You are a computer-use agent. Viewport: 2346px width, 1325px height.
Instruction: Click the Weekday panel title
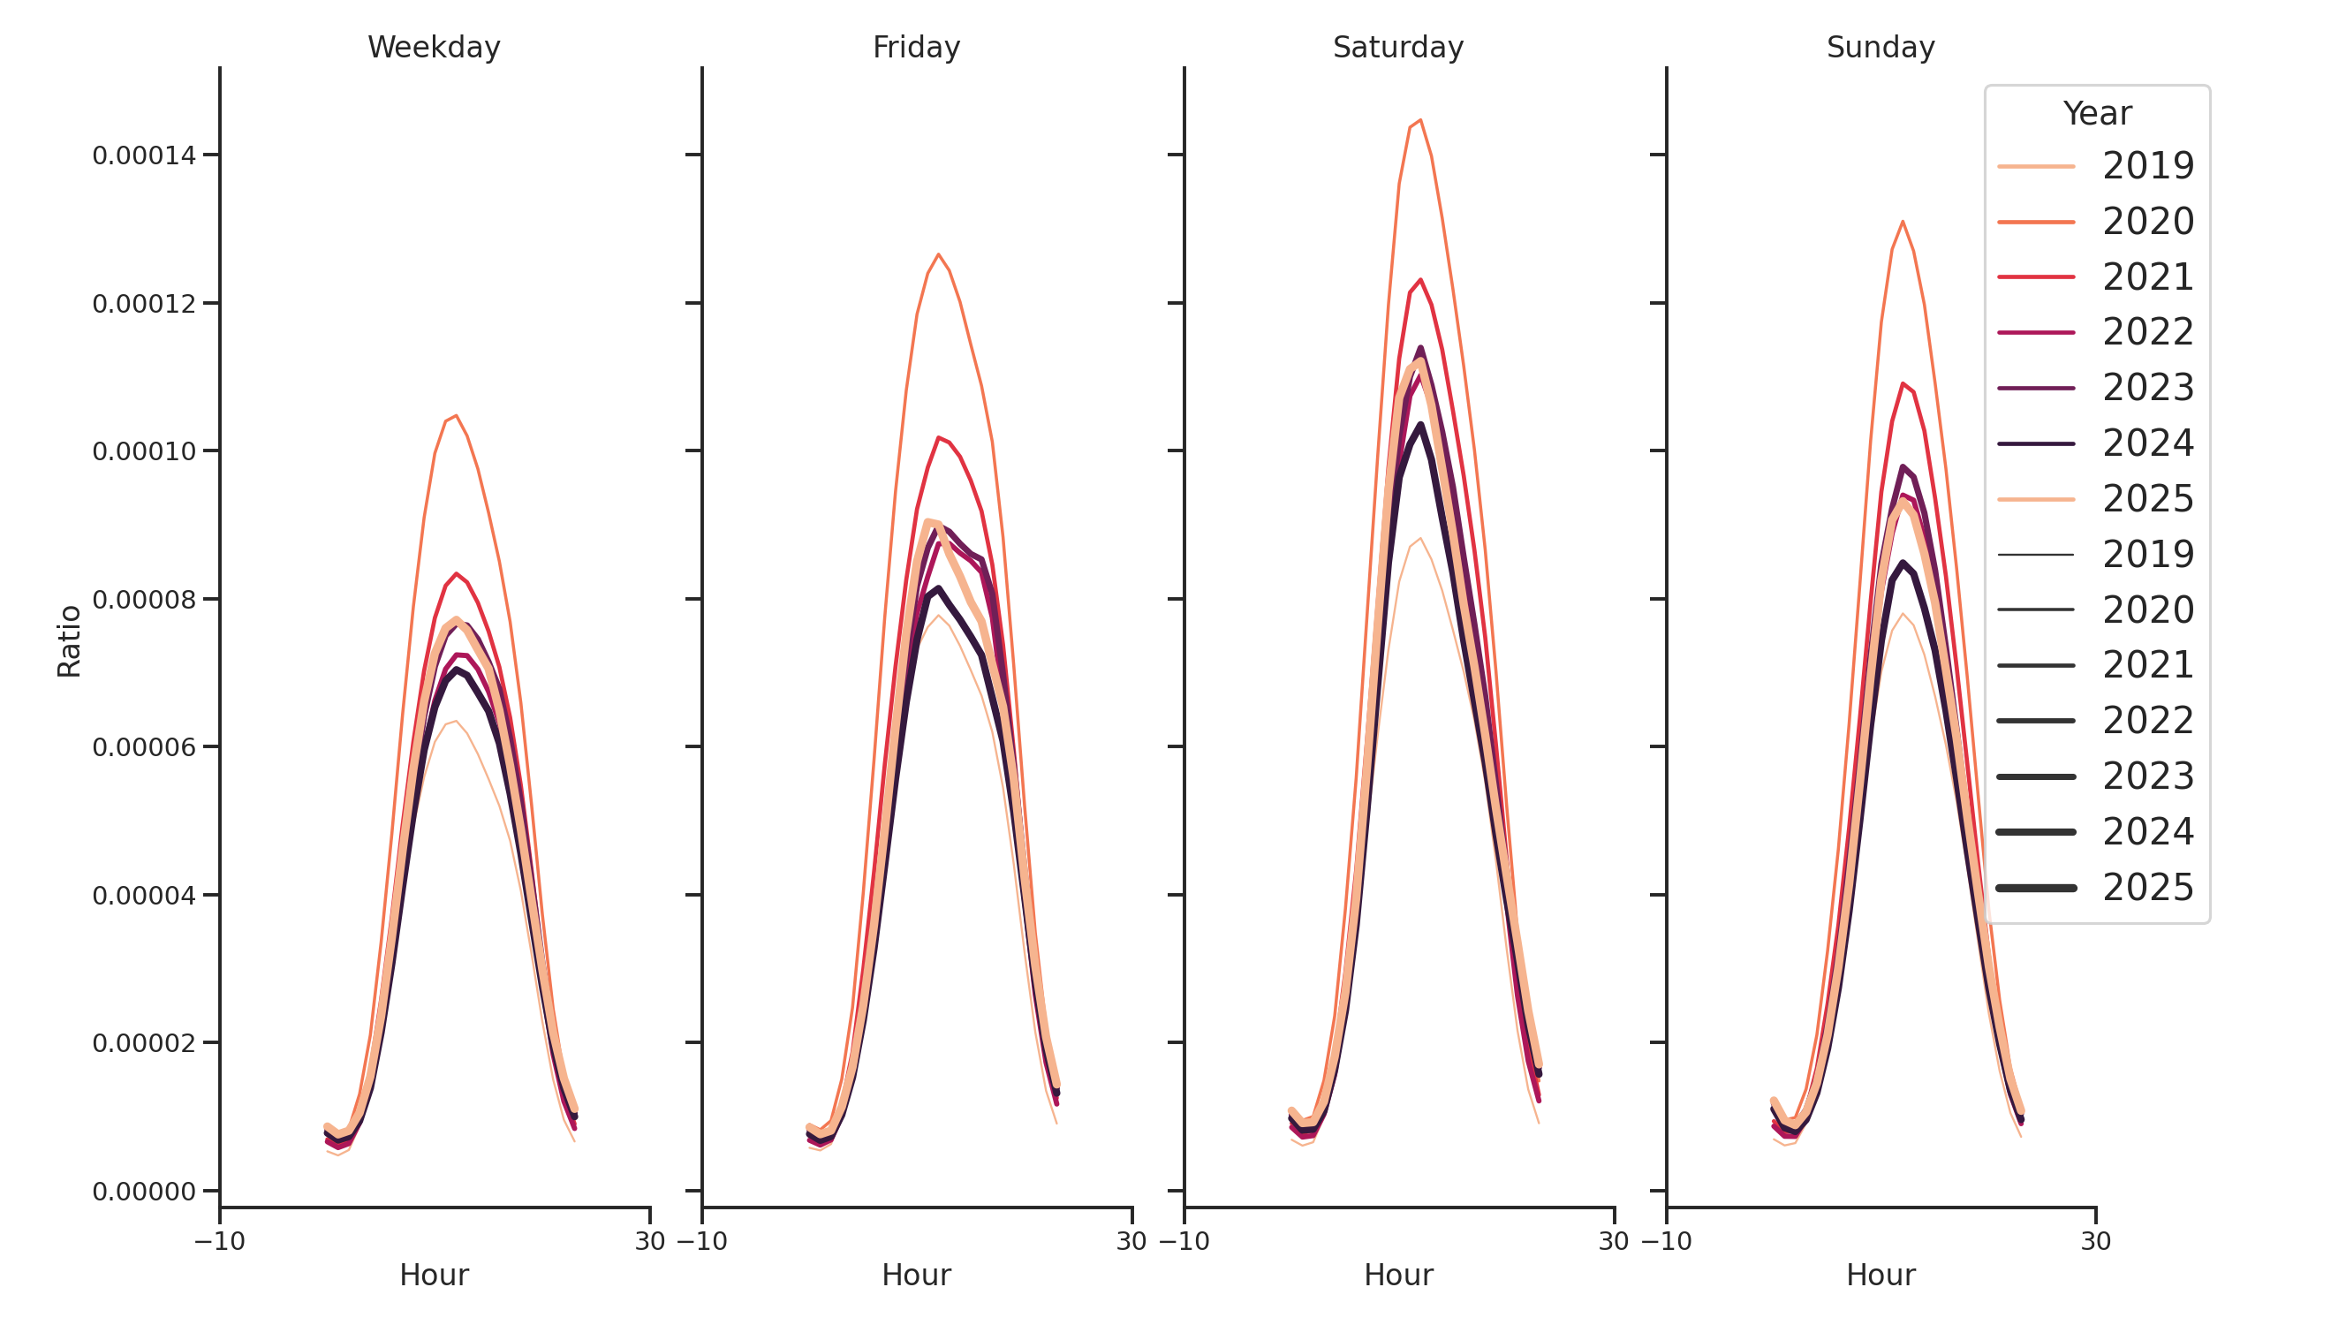pyautogui.click(x=434, y=48)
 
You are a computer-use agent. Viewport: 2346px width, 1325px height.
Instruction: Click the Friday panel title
pyautogui.click(x=916, y=48)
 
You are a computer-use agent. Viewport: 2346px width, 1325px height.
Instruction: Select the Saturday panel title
pyautogui.click(x=1398, y=48)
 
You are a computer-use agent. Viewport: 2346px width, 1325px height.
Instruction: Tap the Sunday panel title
pyautogui.click(x=1881, y=48)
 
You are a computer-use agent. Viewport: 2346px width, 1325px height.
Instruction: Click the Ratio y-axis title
pyautogui.click(x=69, y=641)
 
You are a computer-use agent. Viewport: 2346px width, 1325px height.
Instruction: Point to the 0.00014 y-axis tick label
pyautogui.click(x=144, y=155)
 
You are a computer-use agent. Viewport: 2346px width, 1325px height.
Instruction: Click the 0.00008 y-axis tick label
pyautogui.click(x=144, y=600)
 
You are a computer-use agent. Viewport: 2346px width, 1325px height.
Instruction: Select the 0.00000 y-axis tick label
pyautogui.click(x=144, y=1192)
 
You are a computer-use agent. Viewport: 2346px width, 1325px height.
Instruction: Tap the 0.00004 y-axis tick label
pyautogui.click(x=144, y=896)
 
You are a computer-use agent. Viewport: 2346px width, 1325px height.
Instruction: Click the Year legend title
pyautogui.click(x=2096, y=114)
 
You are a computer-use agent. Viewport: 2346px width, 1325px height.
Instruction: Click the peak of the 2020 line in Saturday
pyautogui.click(x=1419, y=120)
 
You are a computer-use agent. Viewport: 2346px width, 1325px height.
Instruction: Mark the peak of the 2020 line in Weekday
pyautogui.click(x=457, y=416)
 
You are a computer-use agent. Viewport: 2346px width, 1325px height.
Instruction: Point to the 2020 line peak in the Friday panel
pyautogui.click(x=938, y=255)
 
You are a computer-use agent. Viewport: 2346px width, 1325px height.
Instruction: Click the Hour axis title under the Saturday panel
pyautogui.click(x=1398, y=1275)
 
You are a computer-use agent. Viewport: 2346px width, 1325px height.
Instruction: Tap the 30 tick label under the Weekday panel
pyautogui.click(x=650, y=1241)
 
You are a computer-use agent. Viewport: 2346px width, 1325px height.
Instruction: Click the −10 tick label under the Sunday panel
pyautogui.click(x=1666, y=1241)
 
